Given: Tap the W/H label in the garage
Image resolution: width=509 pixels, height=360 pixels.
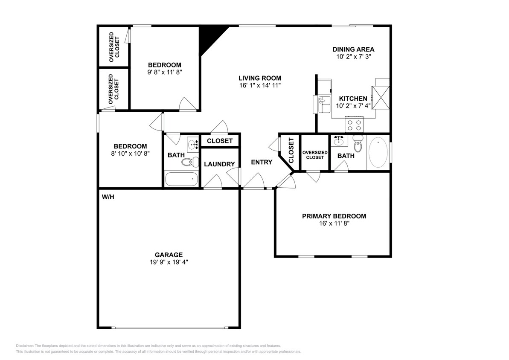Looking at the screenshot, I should (108, 197).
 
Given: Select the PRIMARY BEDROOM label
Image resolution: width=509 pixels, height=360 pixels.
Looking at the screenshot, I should (334, 216).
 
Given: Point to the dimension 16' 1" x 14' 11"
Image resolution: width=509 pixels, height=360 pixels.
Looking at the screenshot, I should (259, 85).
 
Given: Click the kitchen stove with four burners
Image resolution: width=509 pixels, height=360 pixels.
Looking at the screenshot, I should (354, 125).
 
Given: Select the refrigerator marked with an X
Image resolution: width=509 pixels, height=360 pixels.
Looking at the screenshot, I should (381, 98).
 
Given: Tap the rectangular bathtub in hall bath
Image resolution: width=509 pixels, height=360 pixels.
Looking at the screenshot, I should (182, 179).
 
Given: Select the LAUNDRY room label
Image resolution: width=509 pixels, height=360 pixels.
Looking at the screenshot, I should (219, 164).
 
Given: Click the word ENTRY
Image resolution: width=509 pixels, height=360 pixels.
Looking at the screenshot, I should (261, 162).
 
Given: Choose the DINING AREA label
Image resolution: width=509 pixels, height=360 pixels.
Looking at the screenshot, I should (353, 49).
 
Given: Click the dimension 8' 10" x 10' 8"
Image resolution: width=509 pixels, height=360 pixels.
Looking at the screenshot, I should (130, 153).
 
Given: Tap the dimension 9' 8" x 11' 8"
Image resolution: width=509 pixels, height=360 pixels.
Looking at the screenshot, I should (164, 72).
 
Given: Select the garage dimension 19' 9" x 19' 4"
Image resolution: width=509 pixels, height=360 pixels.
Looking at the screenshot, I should (166, 262).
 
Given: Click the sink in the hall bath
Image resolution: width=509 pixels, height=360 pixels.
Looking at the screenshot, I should (193, 144).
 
